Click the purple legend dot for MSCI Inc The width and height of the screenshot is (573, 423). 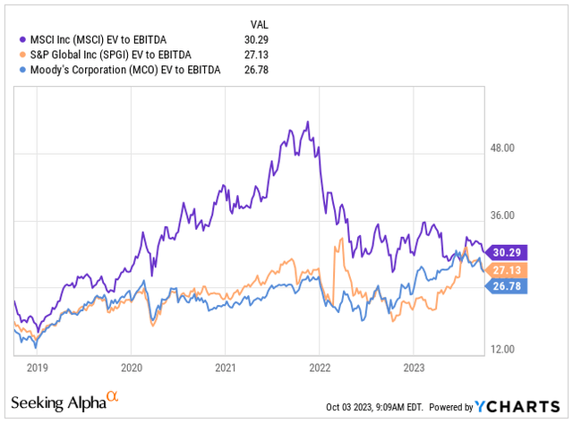tap(21, 38)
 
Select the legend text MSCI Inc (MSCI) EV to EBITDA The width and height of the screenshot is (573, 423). tap(99, 38)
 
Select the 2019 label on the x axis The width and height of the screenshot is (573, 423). tap(37, 368)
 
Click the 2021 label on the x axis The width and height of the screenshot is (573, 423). tap(226, 368)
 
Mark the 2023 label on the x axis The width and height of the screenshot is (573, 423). tap(413, 368)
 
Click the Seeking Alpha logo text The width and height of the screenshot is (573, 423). tap(58, 399)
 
